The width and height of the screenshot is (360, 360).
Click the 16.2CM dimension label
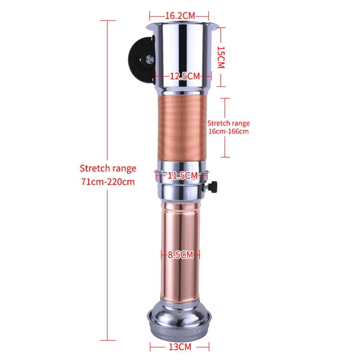(x=179, y=15)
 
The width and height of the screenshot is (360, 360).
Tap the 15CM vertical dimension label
(x=220, y=57)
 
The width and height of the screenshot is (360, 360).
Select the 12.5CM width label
(x=184, y=76)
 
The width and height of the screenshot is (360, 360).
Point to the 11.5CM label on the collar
(x=182, y=176)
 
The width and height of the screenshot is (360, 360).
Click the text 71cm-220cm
(x=108, y=182)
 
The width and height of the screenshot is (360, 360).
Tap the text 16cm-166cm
(x=228, y=132)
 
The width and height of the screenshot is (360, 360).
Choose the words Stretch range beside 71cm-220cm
(x=108, y=168)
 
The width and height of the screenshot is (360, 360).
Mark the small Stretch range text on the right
(x=228, y=123)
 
